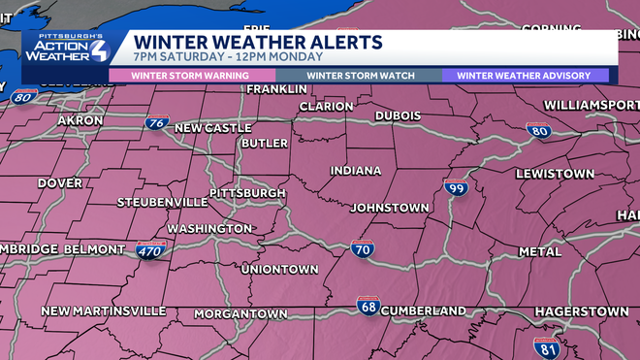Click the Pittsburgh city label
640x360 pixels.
[247, 193]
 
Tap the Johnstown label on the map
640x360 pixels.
[389, 208]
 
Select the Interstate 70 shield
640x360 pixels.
[362, 251]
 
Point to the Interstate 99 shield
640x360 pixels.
[456, 188]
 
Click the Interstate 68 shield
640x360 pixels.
[368, 307]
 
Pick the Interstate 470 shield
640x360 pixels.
[150, 251]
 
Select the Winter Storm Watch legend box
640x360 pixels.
[361, 76]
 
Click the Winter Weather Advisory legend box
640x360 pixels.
[525, 76]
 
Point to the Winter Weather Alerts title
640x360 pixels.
[257, 43]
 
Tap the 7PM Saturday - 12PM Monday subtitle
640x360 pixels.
[216, 57]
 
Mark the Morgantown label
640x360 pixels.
[240, 314]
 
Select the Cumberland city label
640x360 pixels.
[423, 311]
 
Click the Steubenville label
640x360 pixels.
[162, 202]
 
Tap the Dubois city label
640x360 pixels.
[398, 115]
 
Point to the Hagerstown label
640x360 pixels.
[582, 311]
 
